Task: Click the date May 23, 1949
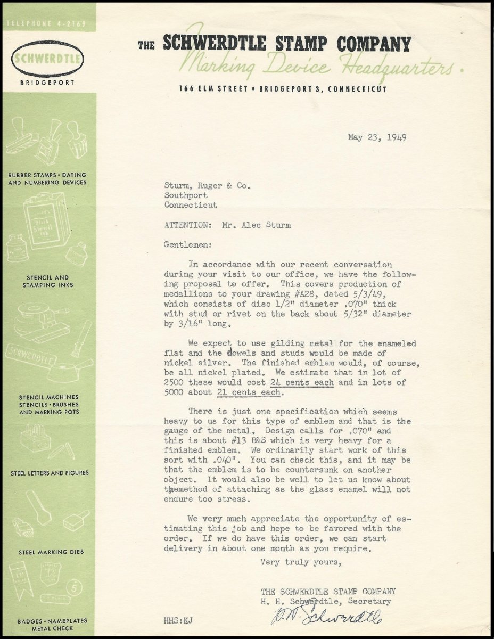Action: click(377, 137)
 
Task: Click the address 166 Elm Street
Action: click(213, 89)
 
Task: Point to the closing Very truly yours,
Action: click(300, 562)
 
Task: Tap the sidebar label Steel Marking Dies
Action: click(51, 552)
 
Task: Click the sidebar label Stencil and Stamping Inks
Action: click(48, 281)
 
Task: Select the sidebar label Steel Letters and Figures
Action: click(50, 473)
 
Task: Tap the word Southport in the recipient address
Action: click(186, 195)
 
